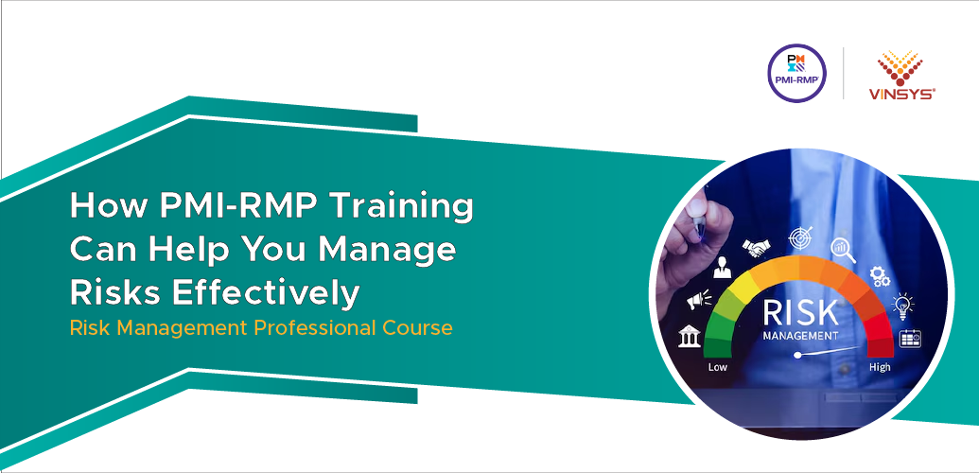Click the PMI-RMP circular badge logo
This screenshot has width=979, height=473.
tap(796, 75)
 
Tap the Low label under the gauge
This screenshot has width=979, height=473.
tap(717, 366)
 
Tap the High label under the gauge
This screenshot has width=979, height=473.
tap(880, 366)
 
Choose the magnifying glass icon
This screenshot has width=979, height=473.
tap(843, 249)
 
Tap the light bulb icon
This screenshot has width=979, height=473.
tap(903, 305)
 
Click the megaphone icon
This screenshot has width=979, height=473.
tap(697, 301)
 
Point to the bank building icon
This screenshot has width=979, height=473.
tap(690, 336)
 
